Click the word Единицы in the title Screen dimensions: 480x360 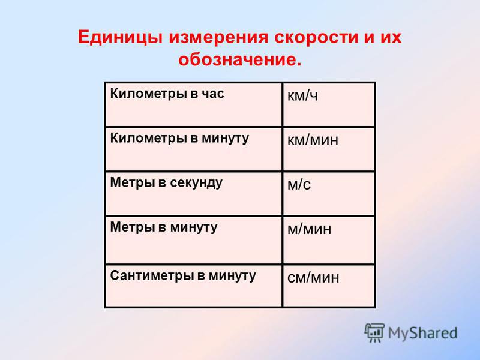pyautogui.click(x=119, y=38)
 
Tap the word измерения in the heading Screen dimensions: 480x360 pyautogui.click(x=218, y=38)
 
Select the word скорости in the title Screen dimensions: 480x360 pyautogui.click(x=316, y=38)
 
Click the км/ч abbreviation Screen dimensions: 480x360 pyautogui.click(x=302, y=96)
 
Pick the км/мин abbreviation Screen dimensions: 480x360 pyautogui.click(x=313, y=140)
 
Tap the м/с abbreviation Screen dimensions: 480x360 pyautogui.click(x=299, y=185)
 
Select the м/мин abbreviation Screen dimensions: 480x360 pyautogui.click(x=309, y=229)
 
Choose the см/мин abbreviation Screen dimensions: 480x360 pyautogui.click(x=313, y=278)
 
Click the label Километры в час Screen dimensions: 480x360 pyautogui.click(x=167, y=94)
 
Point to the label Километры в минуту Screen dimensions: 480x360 pyautogui.click(x=179, y=139)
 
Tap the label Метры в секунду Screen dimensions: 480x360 pyautogui.click(x=166, y=183)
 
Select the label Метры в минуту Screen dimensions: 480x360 pyautogui.click(x=164, y=227)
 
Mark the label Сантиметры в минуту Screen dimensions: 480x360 pyautogui.click(x=183, y=276)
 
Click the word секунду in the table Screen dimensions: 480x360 pyautogui.click(x=196, y=184)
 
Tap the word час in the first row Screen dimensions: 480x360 pyautogui.click(x=213, y=94)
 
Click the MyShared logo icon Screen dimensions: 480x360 pyautogui.click(x=374, y=332)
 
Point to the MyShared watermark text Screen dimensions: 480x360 pyautogui.click(x=423, y=333)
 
